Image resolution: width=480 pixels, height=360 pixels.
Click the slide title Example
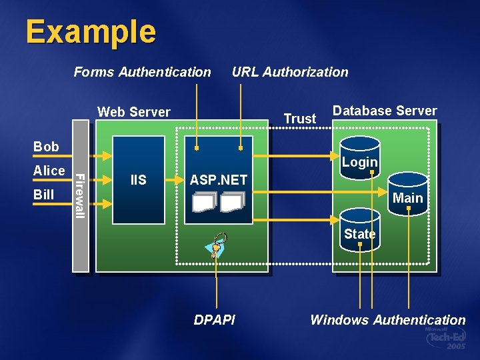(x=91, y=31)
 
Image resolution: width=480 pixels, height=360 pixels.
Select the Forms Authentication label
(x=142, y=72)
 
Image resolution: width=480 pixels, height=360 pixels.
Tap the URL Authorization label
(x=290, y=72)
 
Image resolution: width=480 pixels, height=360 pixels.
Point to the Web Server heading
(x=134, y=112)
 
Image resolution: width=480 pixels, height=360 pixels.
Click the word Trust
(x=300, y=119)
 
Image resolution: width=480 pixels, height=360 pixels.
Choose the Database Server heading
(x=385, y=111)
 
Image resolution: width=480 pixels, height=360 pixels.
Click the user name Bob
(x=46, y=147)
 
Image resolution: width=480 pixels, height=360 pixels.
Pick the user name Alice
(x=49, y=171)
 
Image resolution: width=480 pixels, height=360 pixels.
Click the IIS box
(x=139, y=179)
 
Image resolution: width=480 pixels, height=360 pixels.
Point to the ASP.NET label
(x=218, y=180)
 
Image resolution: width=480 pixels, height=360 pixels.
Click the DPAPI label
(x=214, y=320)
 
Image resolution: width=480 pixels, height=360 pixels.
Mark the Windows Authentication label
(x=387, y=320)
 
